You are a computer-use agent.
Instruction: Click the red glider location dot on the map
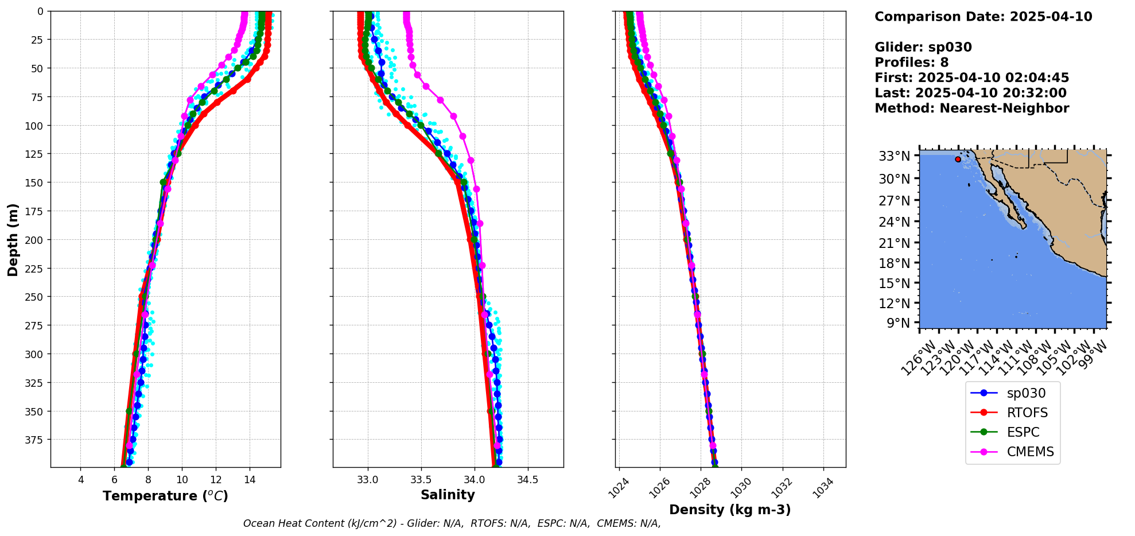coord(958,159)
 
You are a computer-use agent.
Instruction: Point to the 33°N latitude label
coord(895,156)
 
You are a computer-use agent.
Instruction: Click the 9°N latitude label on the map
coord(898,323)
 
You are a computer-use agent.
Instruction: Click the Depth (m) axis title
coord(13,239)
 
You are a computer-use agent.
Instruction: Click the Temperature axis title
coord(165,496)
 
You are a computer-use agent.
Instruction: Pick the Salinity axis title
coord(448,495)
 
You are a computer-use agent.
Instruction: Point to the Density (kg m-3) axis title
coord(730,510)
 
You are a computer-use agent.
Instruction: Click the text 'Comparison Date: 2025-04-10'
coord(983,17)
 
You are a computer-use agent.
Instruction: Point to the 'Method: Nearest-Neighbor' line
coord(971,108)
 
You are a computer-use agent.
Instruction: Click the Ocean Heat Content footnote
coord(452,523)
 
